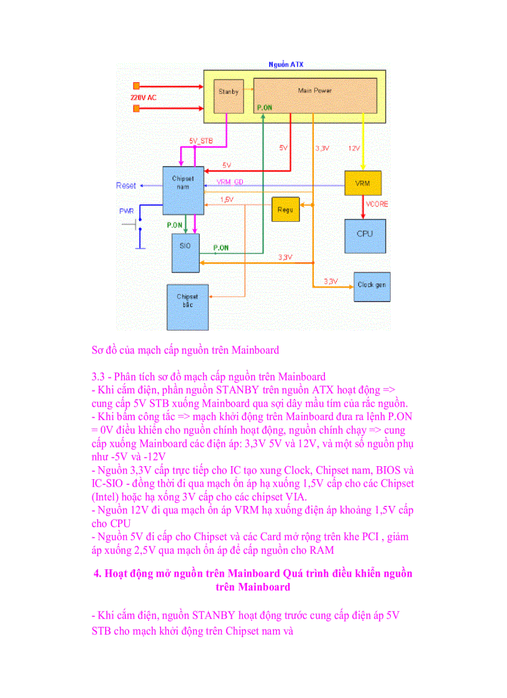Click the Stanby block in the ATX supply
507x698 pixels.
[x=228, y=96]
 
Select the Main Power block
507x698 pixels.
[x=314, y=94]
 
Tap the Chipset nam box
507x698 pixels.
[x=183, y=190]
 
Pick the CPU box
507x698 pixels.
[x=365, y=235]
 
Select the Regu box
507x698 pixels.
[x=285, y=210]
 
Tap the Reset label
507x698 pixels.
[x=126, y=185]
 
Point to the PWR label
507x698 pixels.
[x=126, y=211]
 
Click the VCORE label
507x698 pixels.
[x=376, y=204]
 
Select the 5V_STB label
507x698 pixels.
[x=201, y=141]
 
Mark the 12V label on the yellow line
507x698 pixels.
[x=354, y=148]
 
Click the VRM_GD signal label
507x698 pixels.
[x=229, y=181]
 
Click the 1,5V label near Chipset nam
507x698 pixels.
[x=227, y=200]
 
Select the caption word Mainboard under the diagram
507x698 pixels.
[x=255, y=350]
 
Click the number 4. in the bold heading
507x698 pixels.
[x=98, y=573]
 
